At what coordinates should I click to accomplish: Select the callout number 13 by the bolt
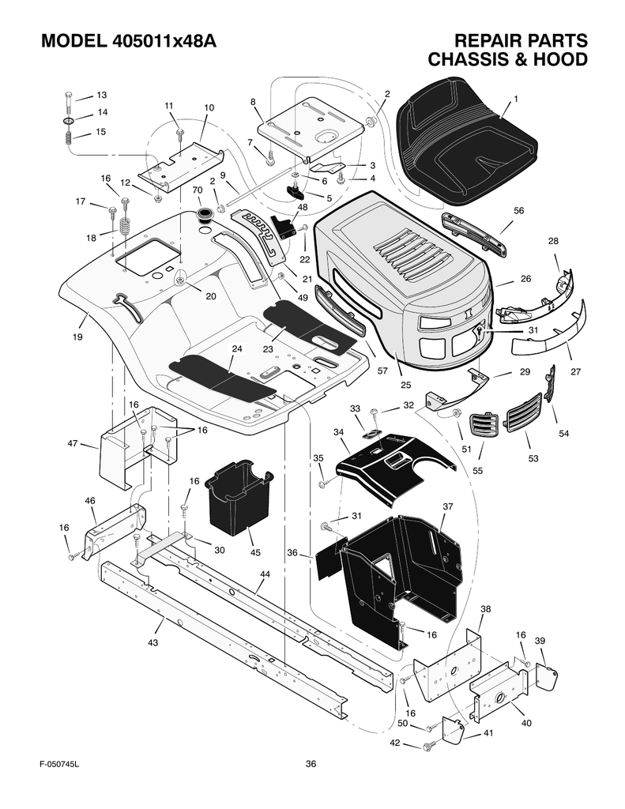(x=101, y=95)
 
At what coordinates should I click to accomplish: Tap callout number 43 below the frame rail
(x=152, y=643)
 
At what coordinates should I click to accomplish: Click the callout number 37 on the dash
(x=447, y=506)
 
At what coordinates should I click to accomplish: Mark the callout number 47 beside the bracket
(x=73, y=445)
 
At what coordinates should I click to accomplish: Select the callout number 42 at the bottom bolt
(x=395, y=743)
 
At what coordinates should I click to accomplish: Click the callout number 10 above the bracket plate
(x=209, y=107)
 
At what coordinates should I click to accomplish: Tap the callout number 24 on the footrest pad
(x=236, y=348)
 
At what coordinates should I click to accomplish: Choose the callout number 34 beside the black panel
(x=339, y=432)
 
